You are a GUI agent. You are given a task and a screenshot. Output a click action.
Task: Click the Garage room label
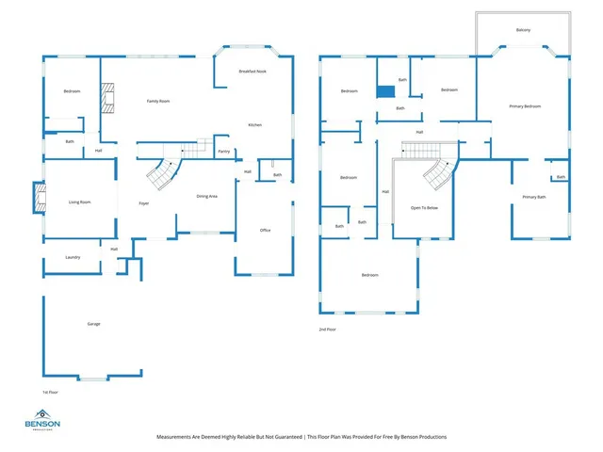coord(94,324)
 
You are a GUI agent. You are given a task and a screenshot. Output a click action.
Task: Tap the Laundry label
coord(73,257)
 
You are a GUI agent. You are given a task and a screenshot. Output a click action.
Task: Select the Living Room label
coord(79,202)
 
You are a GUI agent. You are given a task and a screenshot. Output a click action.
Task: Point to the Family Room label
coord(157,101)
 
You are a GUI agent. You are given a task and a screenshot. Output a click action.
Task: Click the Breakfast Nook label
coord(253,72)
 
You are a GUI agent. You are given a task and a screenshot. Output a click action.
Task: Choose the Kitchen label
coord(254,125)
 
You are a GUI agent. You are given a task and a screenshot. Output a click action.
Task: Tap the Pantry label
coord(223,151)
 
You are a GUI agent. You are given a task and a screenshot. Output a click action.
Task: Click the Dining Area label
coord(207,196)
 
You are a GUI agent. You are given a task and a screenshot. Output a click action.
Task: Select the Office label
coord(266,230)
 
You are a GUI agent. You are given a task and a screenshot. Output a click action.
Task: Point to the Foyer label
coord(144,203)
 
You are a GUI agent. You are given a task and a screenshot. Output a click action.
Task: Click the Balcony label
coord(523,30)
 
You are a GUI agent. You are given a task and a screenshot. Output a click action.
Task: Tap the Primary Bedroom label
coord(525,106)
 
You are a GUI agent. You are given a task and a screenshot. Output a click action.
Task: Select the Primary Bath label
coord(534,197)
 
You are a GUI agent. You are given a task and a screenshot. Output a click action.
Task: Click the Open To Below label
coord(424,207)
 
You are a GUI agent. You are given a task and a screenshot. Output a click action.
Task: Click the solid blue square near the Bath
coord(384,91)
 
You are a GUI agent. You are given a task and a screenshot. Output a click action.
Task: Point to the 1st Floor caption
coord(51,391)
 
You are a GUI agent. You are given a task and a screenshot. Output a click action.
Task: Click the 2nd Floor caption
coord(327,330)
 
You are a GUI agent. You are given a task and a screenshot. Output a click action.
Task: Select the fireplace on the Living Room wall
coord(39,197)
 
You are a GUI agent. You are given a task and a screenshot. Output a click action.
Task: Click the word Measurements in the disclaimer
coord(178,437)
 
